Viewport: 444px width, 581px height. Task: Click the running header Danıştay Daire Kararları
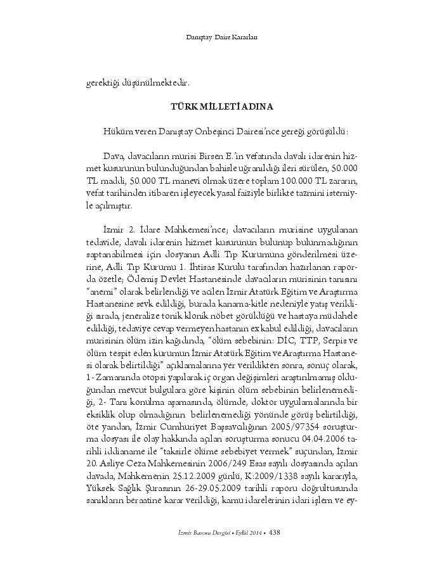tap(221, 37)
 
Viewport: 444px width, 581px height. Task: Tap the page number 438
tap(275, 532)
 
